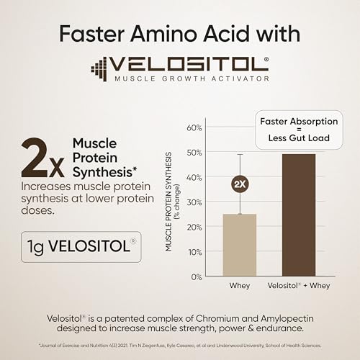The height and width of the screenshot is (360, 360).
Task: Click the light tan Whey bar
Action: (x=239, y=245)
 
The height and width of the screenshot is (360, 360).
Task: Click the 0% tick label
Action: (x=196, y=276)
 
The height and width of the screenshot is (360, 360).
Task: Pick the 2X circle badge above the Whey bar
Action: (x=240, y=184)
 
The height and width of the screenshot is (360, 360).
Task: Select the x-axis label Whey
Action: (x=240, y=286)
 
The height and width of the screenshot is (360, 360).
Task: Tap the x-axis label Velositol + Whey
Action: (x=299, y=286)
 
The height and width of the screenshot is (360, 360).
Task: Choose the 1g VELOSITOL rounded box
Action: (x=81, y=246)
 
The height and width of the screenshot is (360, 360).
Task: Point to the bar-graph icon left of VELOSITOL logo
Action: (x=99, y=68)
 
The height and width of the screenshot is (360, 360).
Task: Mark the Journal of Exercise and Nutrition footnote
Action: (x=179, y=346)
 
